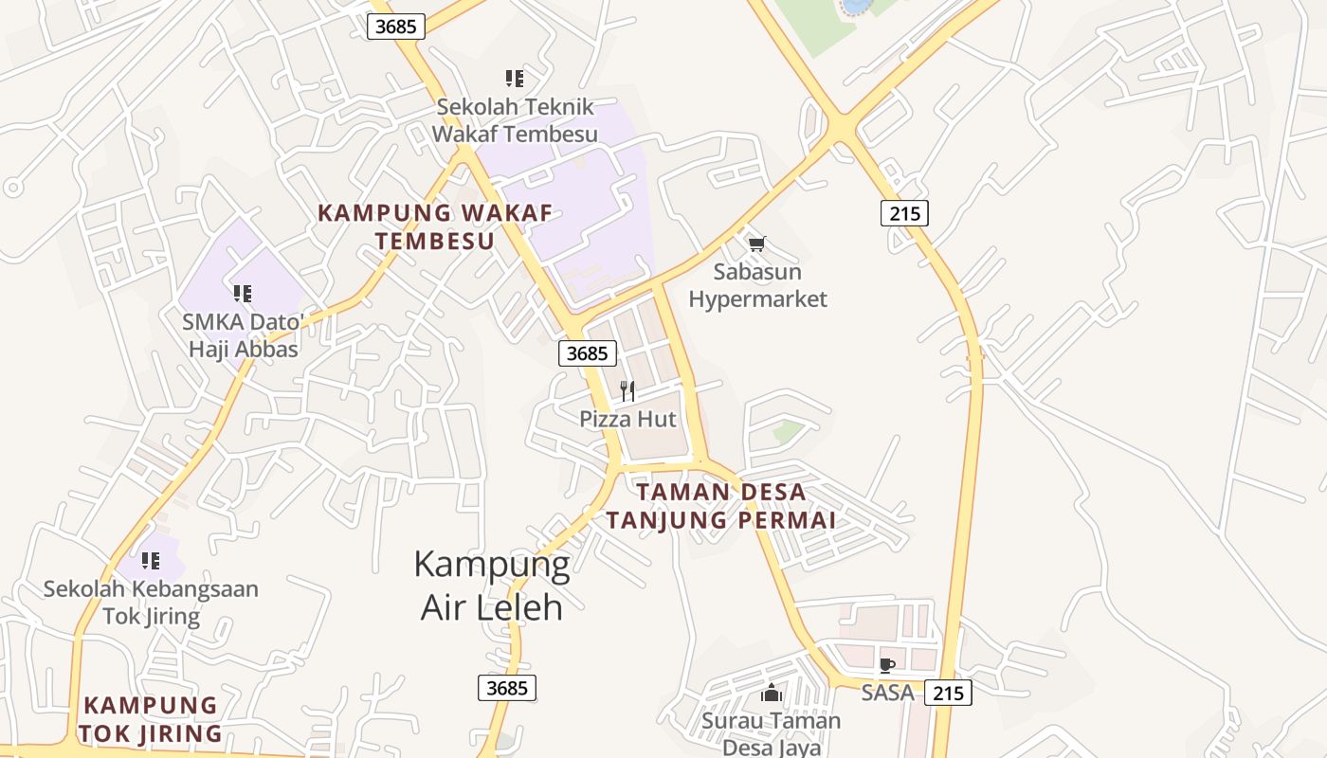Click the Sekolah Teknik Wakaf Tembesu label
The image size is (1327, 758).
(515, 119)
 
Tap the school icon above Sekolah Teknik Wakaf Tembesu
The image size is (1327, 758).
(514, 79)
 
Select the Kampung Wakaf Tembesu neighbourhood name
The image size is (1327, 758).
(435, 226)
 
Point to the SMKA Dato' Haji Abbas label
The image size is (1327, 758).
(244, 335)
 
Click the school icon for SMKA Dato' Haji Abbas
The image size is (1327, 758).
(243, 294)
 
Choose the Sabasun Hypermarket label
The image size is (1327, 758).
(757, 285)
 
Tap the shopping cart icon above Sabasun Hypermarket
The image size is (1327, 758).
(756, 244)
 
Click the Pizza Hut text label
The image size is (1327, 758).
(628, 419)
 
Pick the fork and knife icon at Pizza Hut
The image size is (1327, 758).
(627, 390)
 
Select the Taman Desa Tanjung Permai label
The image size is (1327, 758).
(721, 506)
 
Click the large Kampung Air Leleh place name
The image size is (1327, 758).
(492, 585)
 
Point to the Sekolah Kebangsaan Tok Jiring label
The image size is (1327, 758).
(151, 603)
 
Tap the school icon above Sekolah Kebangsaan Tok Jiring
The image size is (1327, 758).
(150, 561)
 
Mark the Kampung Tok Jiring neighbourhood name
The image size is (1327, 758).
(151, 719)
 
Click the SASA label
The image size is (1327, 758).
(887, 693)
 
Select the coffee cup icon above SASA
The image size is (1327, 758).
(887, 665)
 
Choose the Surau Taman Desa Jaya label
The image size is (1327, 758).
(772, 733)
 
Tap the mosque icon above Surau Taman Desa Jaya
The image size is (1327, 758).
(772, 693)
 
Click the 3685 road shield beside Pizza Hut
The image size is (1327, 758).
(588, 353)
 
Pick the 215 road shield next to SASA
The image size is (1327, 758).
(948, 693)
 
